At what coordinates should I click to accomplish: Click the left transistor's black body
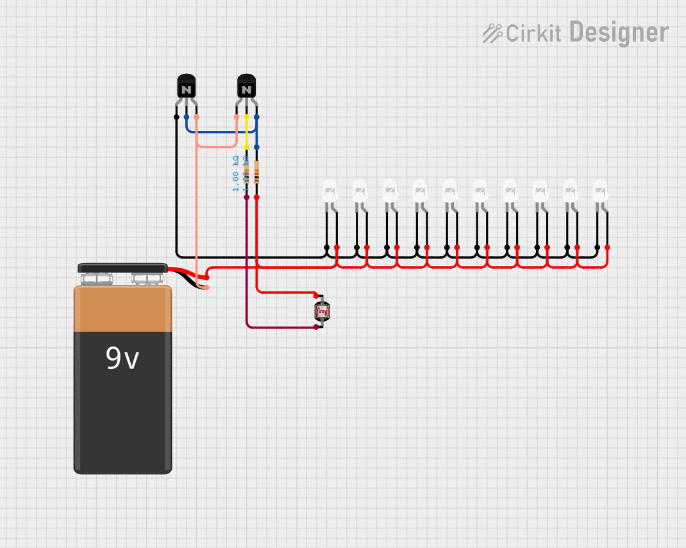[186, 86]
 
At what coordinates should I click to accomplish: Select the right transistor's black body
[246, 86]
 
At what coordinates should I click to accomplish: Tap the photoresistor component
[322, 312]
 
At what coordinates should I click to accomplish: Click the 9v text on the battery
[122, 359]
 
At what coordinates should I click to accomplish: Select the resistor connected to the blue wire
[256, 173]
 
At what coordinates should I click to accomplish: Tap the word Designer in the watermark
[619, 32]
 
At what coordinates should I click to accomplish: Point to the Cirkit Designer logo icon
[492, 33]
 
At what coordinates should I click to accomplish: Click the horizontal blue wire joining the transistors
[218, 132]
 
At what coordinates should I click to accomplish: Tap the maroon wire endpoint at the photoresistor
[316, 327]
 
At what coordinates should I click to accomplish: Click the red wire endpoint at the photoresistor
[316, 296]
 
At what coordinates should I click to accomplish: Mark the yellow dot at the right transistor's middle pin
[246, 117]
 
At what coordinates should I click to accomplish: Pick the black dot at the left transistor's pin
[176, 117]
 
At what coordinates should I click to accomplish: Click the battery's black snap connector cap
[122, 268]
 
